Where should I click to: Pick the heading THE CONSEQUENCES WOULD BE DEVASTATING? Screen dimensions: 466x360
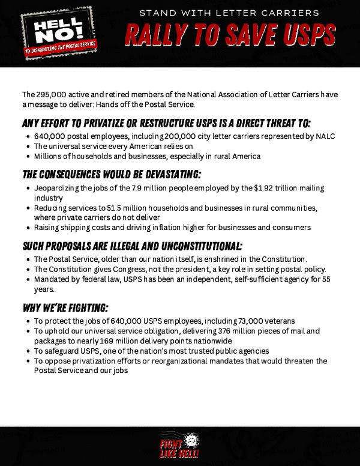pyautogui.click(x=112, y=175)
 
